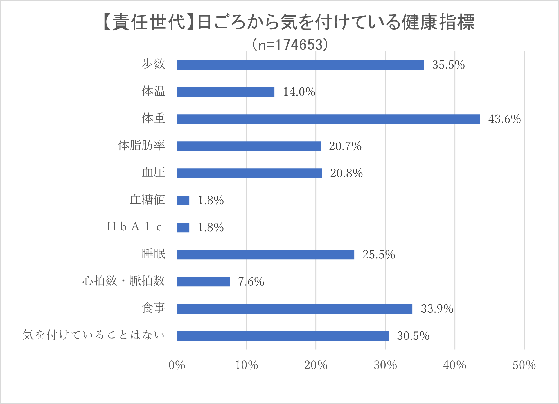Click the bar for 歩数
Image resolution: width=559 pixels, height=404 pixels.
click(x=300, y=65)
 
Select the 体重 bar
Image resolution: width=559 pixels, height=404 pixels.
click(x=328, y=119)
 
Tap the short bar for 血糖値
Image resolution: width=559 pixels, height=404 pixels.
click(x=183, y=200)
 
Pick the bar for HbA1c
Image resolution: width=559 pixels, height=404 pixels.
click(x=183, y=227)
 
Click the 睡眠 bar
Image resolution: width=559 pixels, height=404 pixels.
click(x=265, y=255)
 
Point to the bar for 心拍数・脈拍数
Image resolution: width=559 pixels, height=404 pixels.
click(x=203, y=282)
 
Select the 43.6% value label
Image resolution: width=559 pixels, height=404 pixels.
click(x=504, y=119)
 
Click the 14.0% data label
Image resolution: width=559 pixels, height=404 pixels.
click(x=299, y=92)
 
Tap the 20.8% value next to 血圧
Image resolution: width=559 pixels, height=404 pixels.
click(x=346, y=173)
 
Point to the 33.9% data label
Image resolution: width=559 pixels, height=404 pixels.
click(x=437, y=309)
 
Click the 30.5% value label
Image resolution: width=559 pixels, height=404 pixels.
click(x=413, y=336)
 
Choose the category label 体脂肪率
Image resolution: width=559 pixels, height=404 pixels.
click(x=141, y=145)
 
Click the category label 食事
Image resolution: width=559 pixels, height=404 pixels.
click(x=153, y=308)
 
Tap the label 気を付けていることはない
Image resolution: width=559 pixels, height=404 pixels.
click(x=94, y=335)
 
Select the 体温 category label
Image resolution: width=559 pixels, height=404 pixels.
click(x=153, y=91)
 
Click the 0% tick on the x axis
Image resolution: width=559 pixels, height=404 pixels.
click(x=177, y=365)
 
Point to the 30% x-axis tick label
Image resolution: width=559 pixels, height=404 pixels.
click(x=385, y=365)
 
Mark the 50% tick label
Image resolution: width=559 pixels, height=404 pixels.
click(x=524, y=365)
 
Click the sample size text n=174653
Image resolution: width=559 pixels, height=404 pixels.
click(x=290, y=45)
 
